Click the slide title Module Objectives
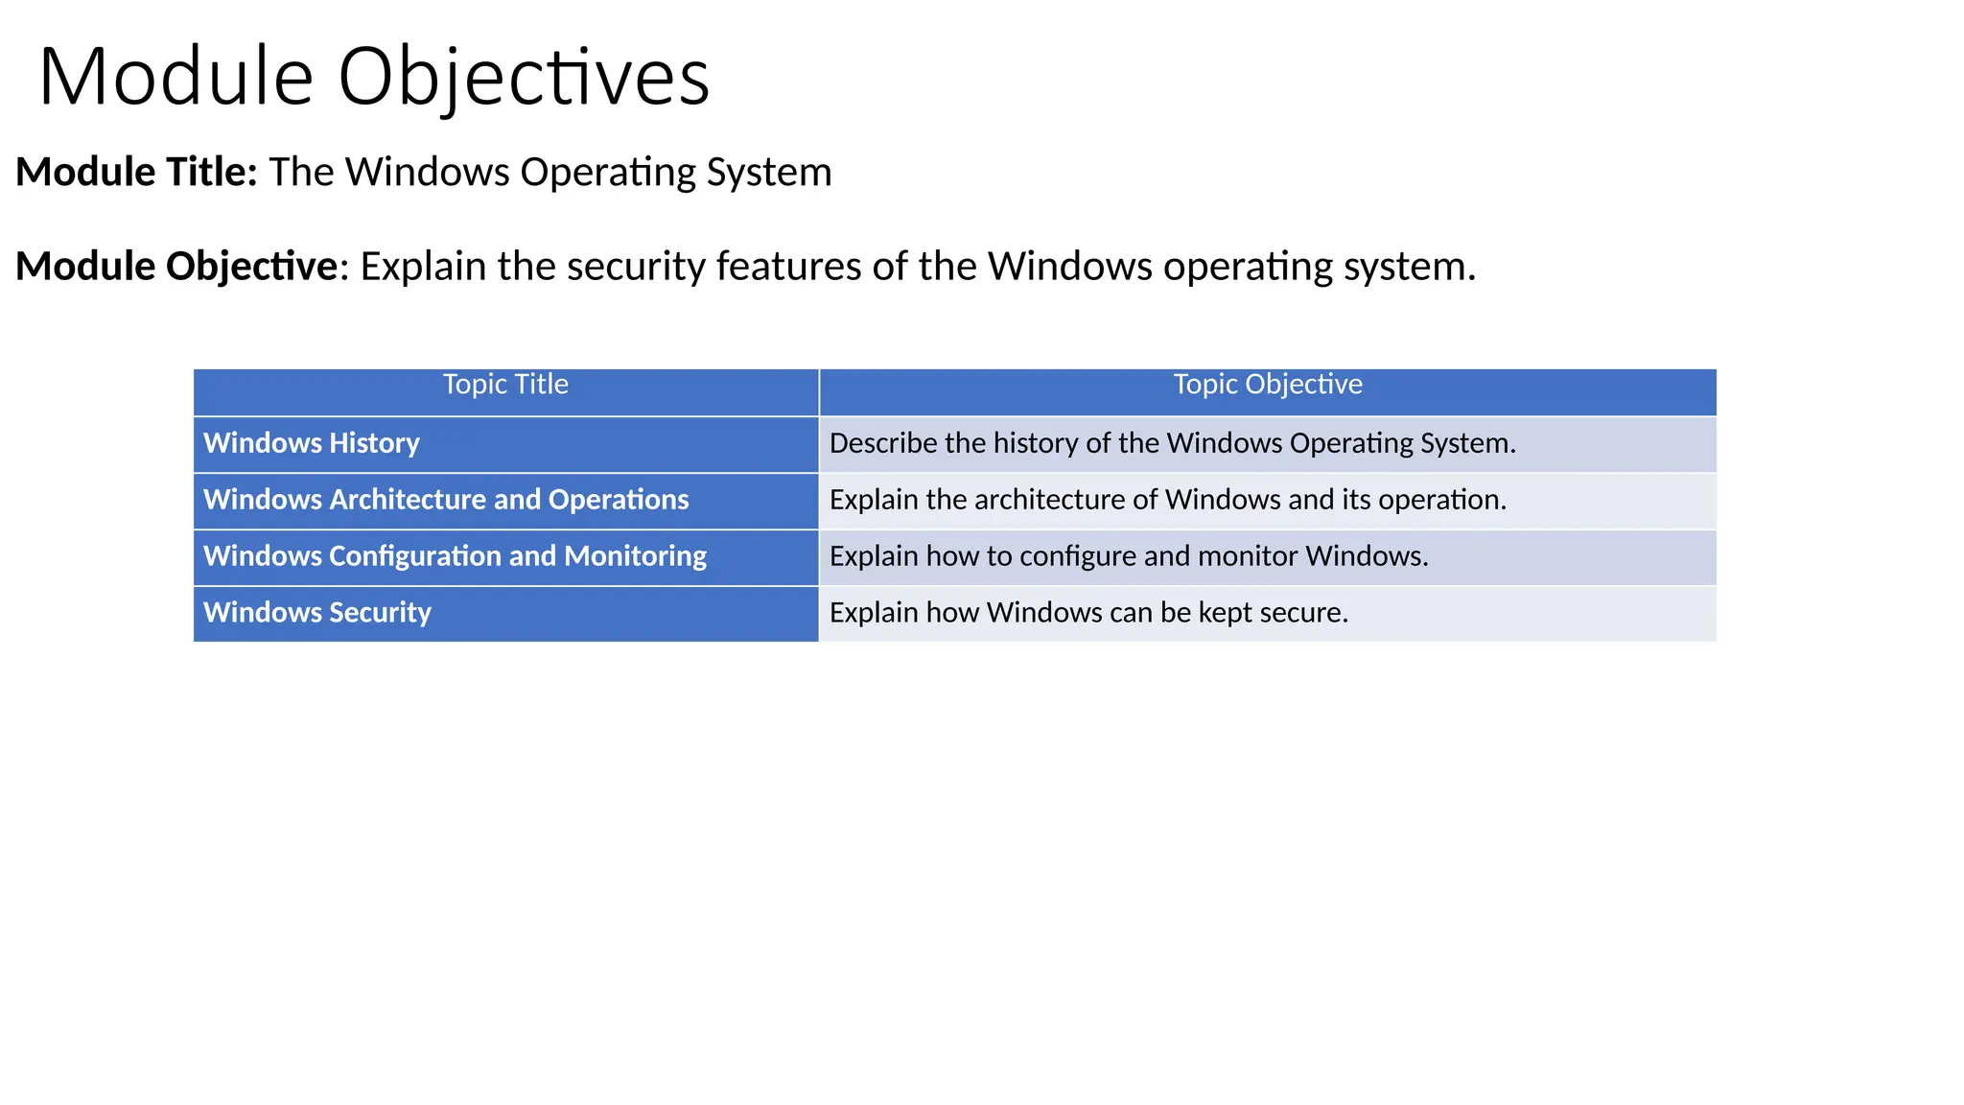coord(374,77)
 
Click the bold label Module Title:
coord(136,172)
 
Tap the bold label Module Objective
coord(176,266)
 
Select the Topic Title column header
coord(505,385)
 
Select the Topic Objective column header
coord(1268,385)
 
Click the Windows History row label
coord(312,443)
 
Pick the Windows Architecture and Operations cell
coord(446,500)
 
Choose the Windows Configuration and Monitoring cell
coord(455,556)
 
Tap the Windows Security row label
coord(317,613)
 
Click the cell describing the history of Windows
coord(1172,443)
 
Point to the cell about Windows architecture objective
coord(1167,500)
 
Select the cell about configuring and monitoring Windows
coord(1129,556)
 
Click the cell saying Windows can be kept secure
coord(1088,613)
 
